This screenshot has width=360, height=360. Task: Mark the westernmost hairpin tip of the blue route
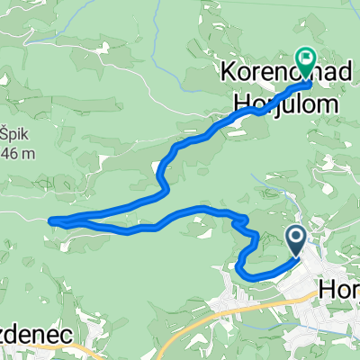(x=50, y=219)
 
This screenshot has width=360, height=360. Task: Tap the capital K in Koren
(x=227, y=70)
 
